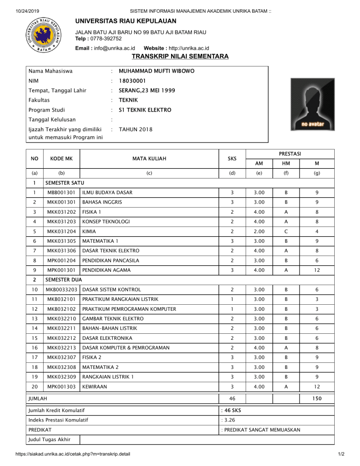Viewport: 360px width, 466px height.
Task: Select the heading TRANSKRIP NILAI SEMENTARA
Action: (x=180, y=57)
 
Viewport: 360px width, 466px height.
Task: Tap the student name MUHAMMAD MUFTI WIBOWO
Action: (x=157, y=72)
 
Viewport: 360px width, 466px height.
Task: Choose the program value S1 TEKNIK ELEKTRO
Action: (x=145, y=110)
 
